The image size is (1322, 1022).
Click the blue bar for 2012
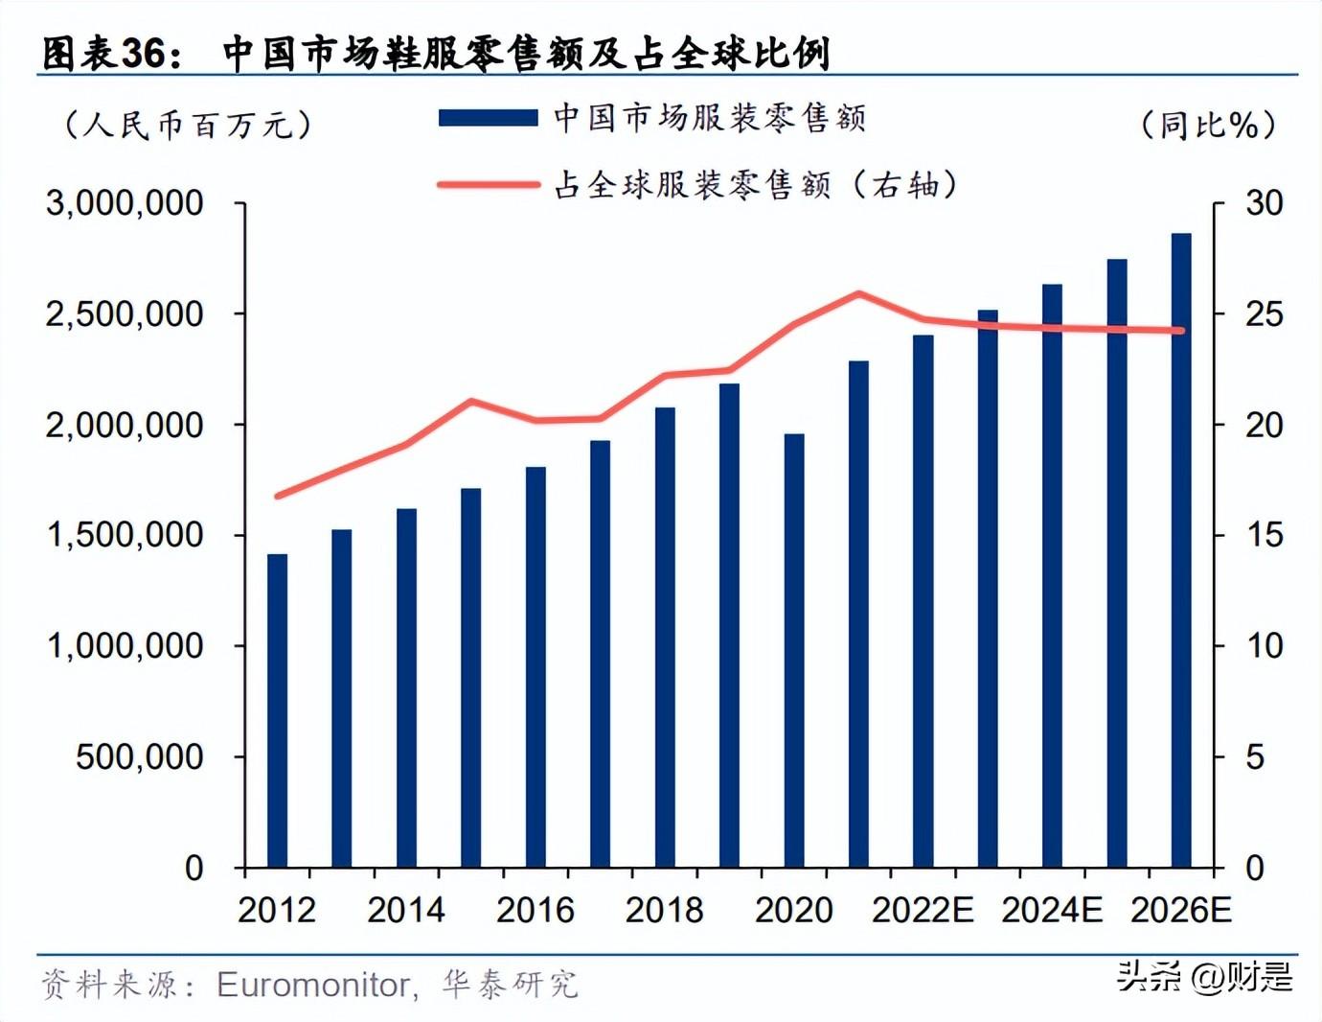(277, 710)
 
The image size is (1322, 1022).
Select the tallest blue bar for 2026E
(1181, 550)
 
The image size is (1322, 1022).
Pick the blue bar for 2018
(665, 638)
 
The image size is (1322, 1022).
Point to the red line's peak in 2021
(858, 294)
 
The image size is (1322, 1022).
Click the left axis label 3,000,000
(125, 203)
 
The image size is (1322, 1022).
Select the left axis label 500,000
(140, 757)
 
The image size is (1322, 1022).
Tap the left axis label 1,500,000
(125, 535)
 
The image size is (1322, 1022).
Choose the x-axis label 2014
(406, 910)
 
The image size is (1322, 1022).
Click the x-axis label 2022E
(923, 910)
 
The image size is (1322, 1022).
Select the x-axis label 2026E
(1181, 910)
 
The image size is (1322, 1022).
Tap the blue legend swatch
(488, 118)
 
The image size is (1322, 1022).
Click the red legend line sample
(488, 184)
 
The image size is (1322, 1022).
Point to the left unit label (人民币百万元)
(187, 125)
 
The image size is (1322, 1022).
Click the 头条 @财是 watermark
(1205, 977)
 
